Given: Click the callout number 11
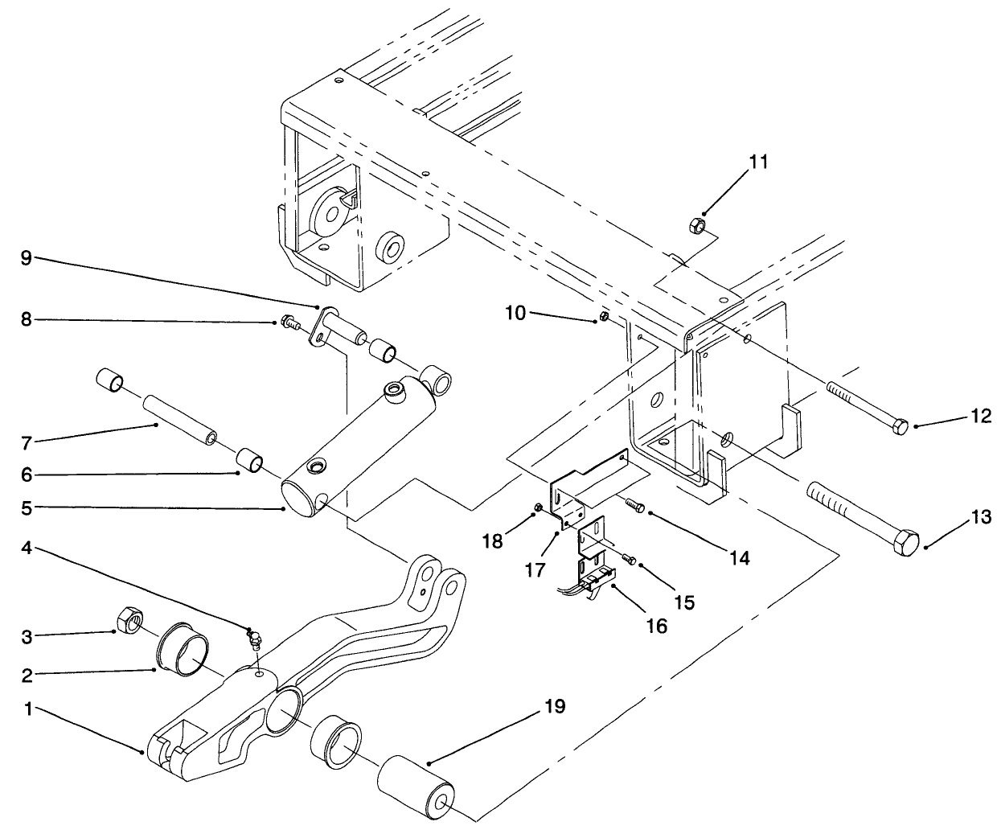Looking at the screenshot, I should click(758, 162).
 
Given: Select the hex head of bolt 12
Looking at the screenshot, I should click(901, 425).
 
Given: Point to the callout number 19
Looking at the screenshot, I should click(554, 707).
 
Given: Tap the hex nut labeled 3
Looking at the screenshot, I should click(129, 621).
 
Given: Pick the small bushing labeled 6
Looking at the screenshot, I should click(251, 465).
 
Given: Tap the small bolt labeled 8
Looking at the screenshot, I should click(289, 323).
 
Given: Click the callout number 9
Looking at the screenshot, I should click(26, 258).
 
